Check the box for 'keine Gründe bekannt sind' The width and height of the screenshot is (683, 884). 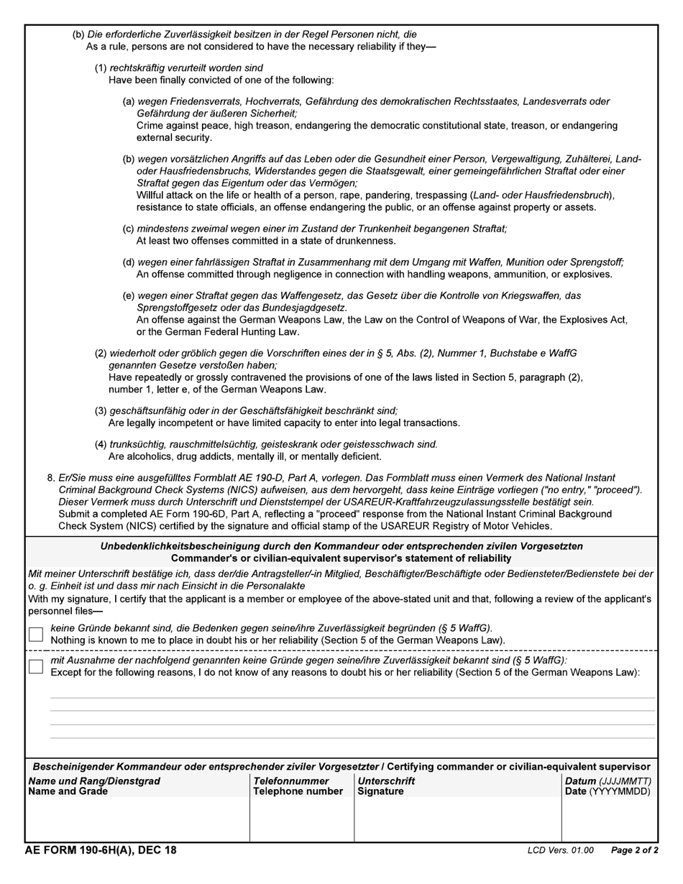tap(36, 634)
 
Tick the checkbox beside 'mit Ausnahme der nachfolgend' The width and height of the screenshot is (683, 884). tap(36, 666)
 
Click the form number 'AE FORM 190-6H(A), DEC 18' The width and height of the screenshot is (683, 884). tap(101, 851)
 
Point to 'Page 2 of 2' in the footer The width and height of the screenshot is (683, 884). tap(634, 851)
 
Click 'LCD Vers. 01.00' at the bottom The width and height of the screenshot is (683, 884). tap(560, 851)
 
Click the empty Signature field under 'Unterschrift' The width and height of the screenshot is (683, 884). tap(457, 819)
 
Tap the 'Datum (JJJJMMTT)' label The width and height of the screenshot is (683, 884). tap(608, 781)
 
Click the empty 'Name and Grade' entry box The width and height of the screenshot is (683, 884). tap(137, 819)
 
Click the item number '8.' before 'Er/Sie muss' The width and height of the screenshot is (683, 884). tap(51, 478)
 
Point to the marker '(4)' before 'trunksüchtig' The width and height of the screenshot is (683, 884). tap(101, 444)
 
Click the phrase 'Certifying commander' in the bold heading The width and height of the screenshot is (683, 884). tap(439, 767)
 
